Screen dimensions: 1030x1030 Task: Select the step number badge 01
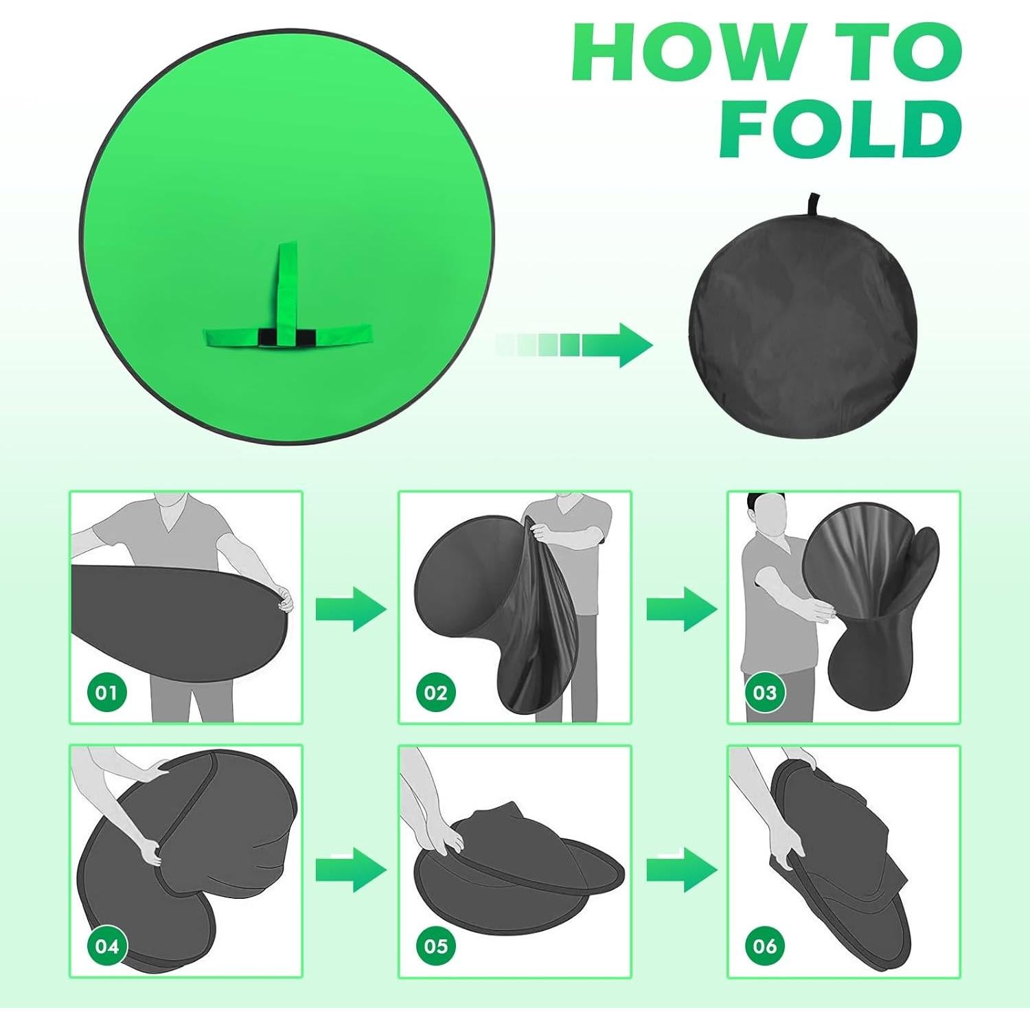pyautogui.click(x=106, y=692)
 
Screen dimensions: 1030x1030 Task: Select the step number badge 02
pyautogui.click(x=435, y=692)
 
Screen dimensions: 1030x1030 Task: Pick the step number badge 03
pyautogui.click(x=764, y=692)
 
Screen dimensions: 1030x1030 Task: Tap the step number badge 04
pyautogui.click(x=106, y=946)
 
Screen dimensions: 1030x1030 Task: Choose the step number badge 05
pyautogui.click(x=435, y=946)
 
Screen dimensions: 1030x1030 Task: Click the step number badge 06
pyautogui.click(x=764, y=946)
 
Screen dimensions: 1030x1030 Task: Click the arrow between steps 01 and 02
pyautogui.click(x=351, y=608)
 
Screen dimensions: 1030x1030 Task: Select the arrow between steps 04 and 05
pyautogui.click(x=351, y=869)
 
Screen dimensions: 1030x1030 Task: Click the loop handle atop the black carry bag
pyautogui.click(x=814, y=205)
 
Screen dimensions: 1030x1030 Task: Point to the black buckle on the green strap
pyautogui.click(x=287, y=337)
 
